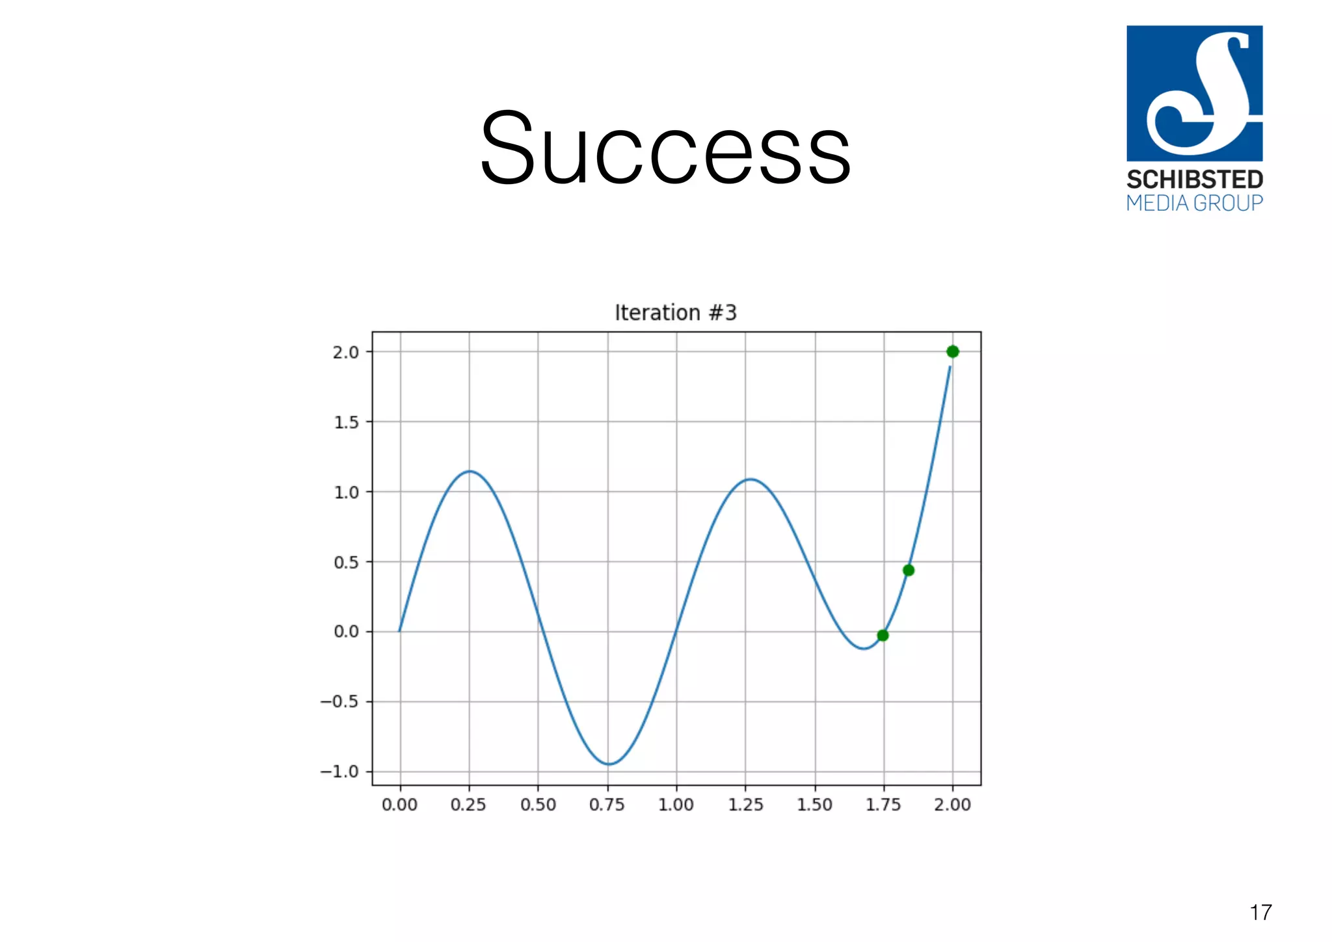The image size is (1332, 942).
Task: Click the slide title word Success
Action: coord(665,148)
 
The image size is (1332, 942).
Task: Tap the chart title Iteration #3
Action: coord(676,313)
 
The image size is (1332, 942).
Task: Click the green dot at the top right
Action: coord(953,352)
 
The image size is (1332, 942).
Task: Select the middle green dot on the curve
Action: coord(909,571)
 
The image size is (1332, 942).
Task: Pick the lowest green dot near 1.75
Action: coord(883,636)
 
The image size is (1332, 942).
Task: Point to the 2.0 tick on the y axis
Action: coord(345,353)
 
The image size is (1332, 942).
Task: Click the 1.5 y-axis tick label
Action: coord(346,423)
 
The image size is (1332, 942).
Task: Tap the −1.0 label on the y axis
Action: coord(340,772)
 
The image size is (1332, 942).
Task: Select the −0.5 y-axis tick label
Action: coord(340,702)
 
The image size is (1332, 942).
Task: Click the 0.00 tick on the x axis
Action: coord(399,805)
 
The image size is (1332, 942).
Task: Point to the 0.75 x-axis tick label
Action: coord(607,805)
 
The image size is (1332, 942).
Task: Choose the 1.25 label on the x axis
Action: coord(745,805)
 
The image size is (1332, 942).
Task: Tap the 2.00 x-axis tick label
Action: coord(952,805)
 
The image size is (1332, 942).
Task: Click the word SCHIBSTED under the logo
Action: coord(1195,180)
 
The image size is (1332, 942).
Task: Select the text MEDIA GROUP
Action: coord(1195,203)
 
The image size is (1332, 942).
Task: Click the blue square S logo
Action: coord(1195,93)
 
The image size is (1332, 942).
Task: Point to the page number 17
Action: coord(1260,913)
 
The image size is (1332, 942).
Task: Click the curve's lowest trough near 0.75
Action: coord(608,764)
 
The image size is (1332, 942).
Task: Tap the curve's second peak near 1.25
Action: coord(751,479)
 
